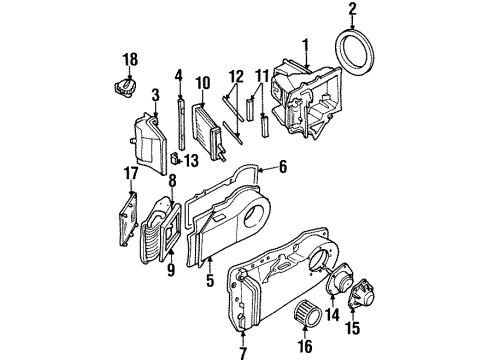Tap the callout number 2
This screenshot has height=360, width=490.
pos(351,11)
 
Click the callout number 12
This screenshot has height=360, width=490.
pos(236,76)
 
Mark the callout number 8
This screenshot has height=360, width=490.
pos(171,181)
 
